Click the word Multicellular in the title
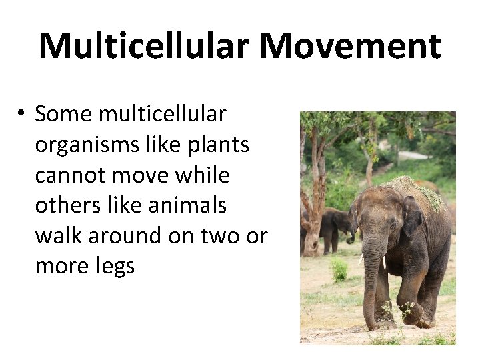(x=143, y=45)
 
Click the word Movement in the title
(x=350, y=45)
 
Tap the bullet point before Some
(x=21, y=115)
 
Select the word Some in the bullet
(x=63, y=115)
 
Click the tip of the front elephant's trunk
(x=374, y=325)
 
